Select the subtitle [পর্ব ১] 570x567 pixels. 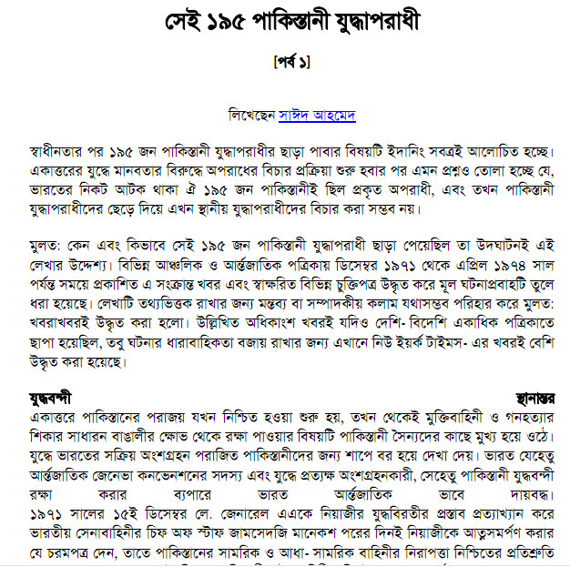291,64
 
